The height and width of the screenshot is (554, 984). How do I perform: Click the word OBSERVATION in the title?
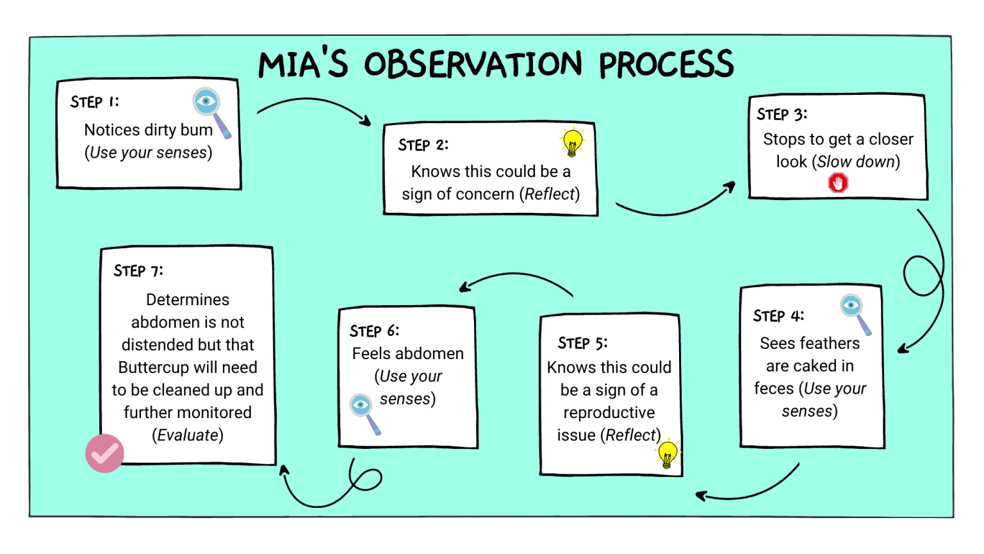[x=473, y=65]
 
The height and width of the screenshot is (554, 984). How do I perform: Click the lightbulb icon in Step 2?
[x=572, y=142]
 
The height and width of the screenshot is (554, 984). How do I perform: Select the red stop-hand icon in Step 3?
[x=838, y=183]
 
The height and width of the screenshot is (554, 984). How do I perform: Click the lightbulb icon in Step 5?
[x=668, y=454]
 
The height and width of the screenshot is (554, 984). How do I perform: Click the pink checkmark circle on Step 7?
[x=104, y=453]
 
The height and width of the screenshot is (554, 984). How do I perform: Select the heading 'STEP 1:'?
[x=95, y=102]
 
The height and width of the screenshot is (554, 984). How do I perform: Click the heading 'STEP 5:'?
[x=582, y=343]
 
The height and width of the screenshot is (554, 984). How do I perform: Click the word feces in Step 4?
[x=773, y=389]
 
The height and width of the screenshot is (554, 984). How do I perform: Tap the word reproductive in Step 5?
[x=609, y=412]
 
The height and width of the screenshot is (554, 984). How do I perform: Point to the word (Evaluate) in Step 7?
[x=188, y=435]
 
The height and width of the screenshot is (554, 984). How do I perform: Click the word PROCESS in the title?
[x=666, y=65]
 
